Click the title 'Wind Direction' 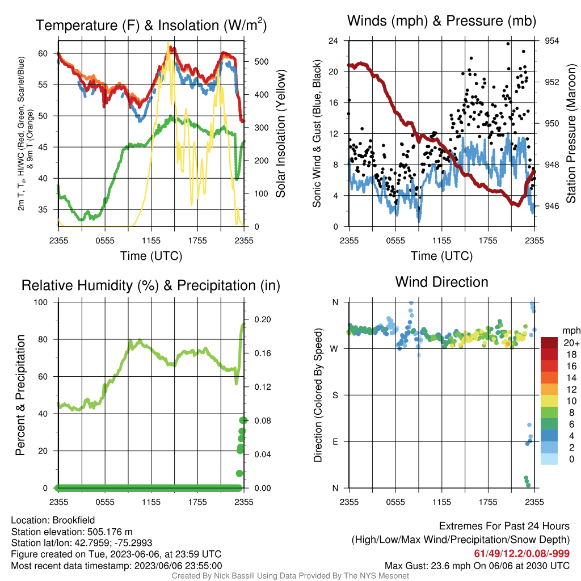[x=441, y=282]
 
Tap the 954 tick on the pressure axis [x=551, y=41]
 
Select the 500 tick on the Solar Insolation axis [x=262, y=61]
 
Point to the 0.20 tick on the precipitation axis [x=263, y=319]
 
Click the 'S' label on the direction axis [x=335, y=395]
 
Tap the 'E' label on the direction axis [x=335, y=441]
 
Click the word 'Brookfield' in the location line [x=73, y=520]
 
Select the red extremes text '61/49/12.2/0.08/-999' [x=522, y=553]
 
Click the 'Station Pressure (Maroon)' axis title [x=571, y=133]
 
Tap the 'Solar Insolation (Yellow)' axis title [x=280, y=133]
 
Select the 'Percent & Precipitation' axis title [x=20, y=395]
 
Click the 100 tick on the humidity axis [x=41, y=302]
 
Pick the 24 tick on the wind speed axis [x=334, y=41]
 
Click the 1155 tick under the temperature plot [x=151, y=241]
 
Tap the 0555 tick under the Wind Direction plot [x=395, y=502]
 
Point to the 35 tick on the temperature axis [x=43, y=209]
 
